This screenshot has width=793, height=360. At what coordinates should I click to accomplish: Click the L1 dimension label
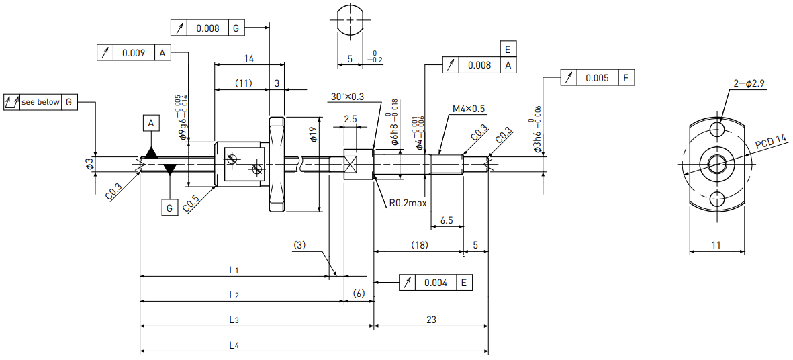coord(233,270)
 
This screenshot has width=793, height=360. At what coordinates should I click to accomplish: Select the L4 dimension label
coord(233,345)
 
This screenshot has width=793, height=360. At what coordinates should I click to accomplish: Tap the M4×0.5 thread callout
coord(469,109)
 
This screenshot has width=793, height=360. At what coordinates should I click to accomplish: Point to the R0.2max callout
coord(408,204)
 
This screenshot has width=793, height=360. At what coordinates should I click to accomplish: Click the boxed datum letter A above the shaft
coord(151,123)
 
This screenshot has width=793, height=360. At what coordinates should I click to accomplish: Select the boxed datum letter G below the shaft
coord(170,208)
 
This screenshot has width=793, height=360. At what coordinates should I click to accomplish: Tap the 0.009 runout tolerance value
coord(134,52)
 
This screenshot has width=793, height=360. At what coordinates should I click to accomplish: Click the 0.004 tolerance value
coord(436,283)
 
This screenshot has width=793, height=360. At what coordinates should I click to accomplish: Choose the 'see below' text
coord(40,102)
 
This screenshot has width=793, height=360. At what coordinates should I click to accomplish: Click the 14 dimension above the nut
coord(249,58)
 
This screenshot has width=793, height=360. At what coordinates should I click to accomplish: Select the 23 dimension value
coord(431,320)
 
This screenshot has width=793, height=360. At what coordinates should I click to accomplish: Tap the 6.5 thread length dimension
coord(447,220)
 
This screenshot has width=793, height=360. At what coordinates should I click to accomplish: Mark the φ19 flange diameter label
coord(314,134)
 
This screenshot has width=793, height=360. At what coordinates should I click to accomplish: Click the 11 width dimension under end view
coord(716,244)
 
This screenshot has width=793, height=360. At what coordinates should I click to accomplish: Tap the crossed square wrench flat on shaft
coord(351,165)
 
